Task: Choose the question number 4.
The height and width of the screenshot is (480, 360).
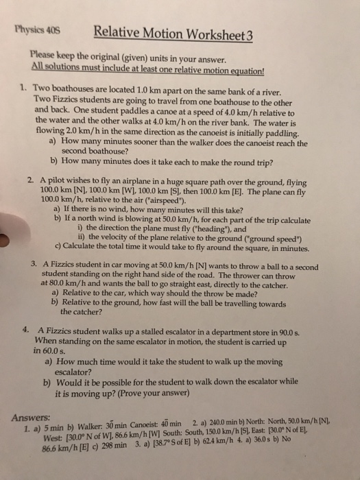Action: pos(25,328)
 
